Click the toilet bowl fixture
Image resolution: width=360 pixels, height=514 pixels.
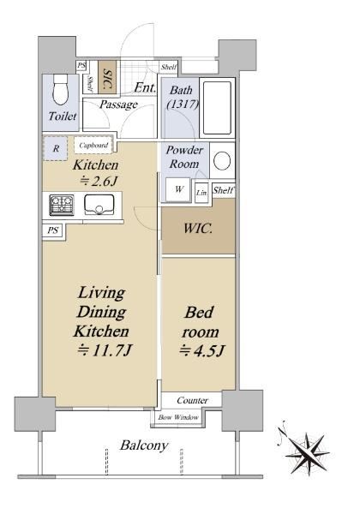pyautogui.click(x=60, y=90)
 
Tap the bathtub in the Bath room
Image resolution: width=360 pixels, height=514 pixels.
pyautogui.click(x=217, y=108)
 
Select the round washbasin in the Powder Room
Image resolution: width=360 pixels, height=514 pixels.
pyautogui.click(x=222, y=161)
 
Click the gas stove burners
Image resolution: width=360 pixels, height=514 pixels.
pyautogui.click(x=62, y=206)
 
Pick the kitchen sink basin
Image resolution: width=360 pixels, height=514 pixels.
pyautogui.click(x=99, y=205)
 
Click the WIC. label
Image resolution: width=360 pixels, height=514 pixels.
pyautogui.click(x=198, y=228)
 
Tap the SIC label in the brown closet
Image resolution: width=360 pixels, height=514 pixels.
pyautogui.click(x=107, y=79)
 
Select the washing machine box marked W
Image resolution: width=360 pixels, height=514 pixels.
pyautogui.click(x=178, y=189)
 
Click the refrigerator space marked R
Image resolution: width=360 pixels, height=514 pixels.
pyautogui.click(x=55, y=148)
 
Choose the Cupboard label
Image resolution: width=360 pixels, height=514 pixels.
pyautogui.click(x=93, y=145)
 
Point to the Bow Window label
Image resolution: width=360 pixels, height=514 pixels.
pyautogui.click(x=178, y=417)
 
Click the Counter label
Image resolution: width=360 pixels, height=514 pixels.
pyautogui.click(x=193, y=401)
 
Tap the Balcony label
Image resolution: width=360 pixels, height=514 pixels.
pyautogui.click(x=144, y=445)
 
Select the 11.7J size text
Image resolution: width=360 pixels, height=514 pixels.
pyautogui.click(x=105, y=350)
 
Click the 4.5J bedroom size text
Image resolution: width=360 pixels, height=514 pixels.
pyautogui.click(x=201, y=351)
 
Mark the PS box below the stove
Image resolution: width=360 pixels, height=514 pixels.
pyautogui.click(x=54, y=230)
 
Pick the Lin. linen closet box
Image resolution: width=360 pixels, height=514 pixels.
pyautogui.click(x=201, y=193)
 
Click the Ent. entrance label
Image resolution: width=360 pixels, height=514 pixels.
pyautogui.click(x=145, y=87)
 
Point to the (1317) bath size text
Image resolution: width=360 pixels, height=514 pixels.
pyautogui.click(x=183, y=105)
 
